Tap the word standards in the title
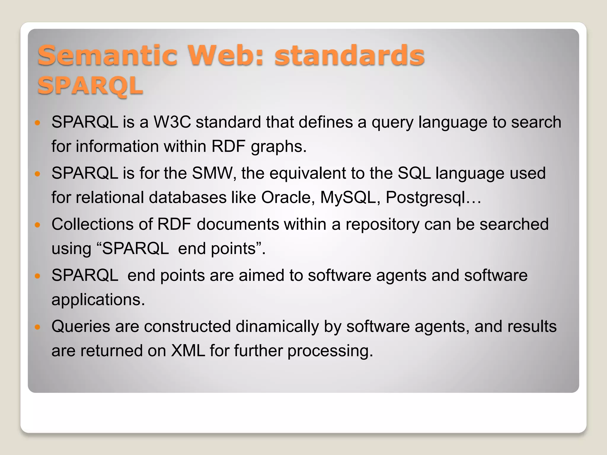(349, 55)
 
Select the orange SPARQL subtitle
(90, 86)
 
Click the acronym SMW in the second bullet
(212, 173)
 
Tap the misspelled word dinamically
(277, 326)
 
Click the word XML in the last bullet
(188, 351)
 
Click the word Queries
(81, 327)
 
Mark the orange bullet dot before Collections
(37, 225)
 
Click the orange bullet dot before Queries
(37, 327)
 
